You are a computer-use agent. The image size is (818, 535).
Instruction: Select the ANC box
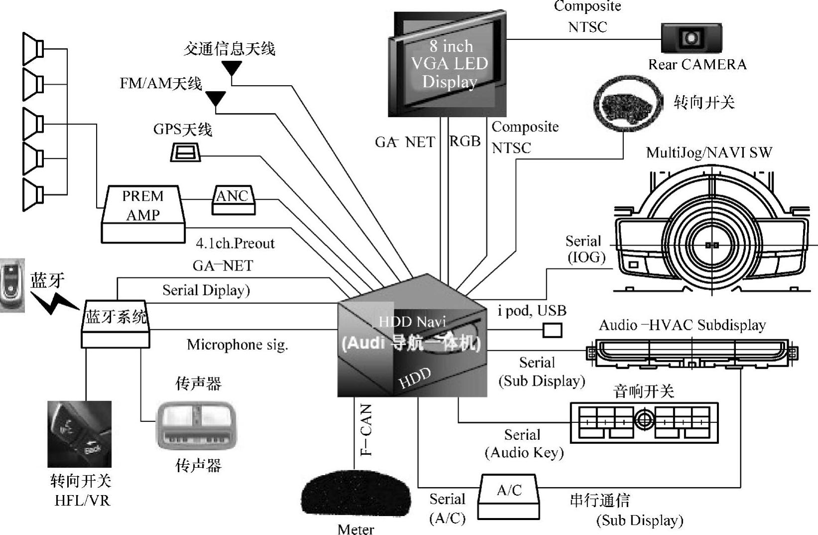tap(233, 200)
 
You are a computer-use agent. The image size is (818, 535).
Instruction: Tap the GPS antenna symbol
tap(185, 152)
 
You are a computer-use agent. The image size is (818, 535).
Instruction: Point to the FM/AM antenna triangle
tap(216, 98)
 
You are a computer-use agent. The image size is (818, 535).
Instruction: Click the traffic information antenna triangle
tap(232, 67)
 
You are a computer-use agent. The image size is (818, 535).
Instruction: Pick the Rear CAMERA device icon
tap(691, 38)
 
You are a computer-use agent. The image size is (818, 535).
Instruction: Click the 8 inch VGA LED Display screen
tap(448, 65)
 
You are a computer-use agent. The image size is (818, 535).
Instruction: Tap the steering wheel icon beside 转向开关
tap(628, 104)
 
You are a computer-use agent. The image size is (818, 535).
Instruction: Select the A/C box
tap(509, 496)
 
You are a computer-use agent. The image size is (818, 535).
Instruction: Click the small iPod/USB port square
tap(552, 330)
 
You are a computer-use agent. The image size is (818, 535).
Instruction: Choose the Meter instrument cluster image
tap(355, 496)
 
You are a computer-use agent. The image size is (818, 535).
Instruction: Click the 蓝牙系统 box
tap(116, 323)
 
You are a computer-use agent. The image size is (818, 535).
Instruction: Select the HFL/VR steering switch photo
tap(80, 434)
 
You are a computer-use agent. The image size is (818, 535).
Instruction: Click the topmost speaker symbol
tap(33, 48)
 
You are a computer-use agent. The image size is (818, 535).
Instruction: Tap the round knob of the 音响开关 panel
tap(644, 419)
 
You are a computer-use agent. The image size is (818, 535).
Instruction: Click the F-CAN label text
tap(366, 430)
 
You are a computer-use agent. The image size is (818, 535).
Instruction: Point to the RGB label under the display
tap(465, 141)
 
